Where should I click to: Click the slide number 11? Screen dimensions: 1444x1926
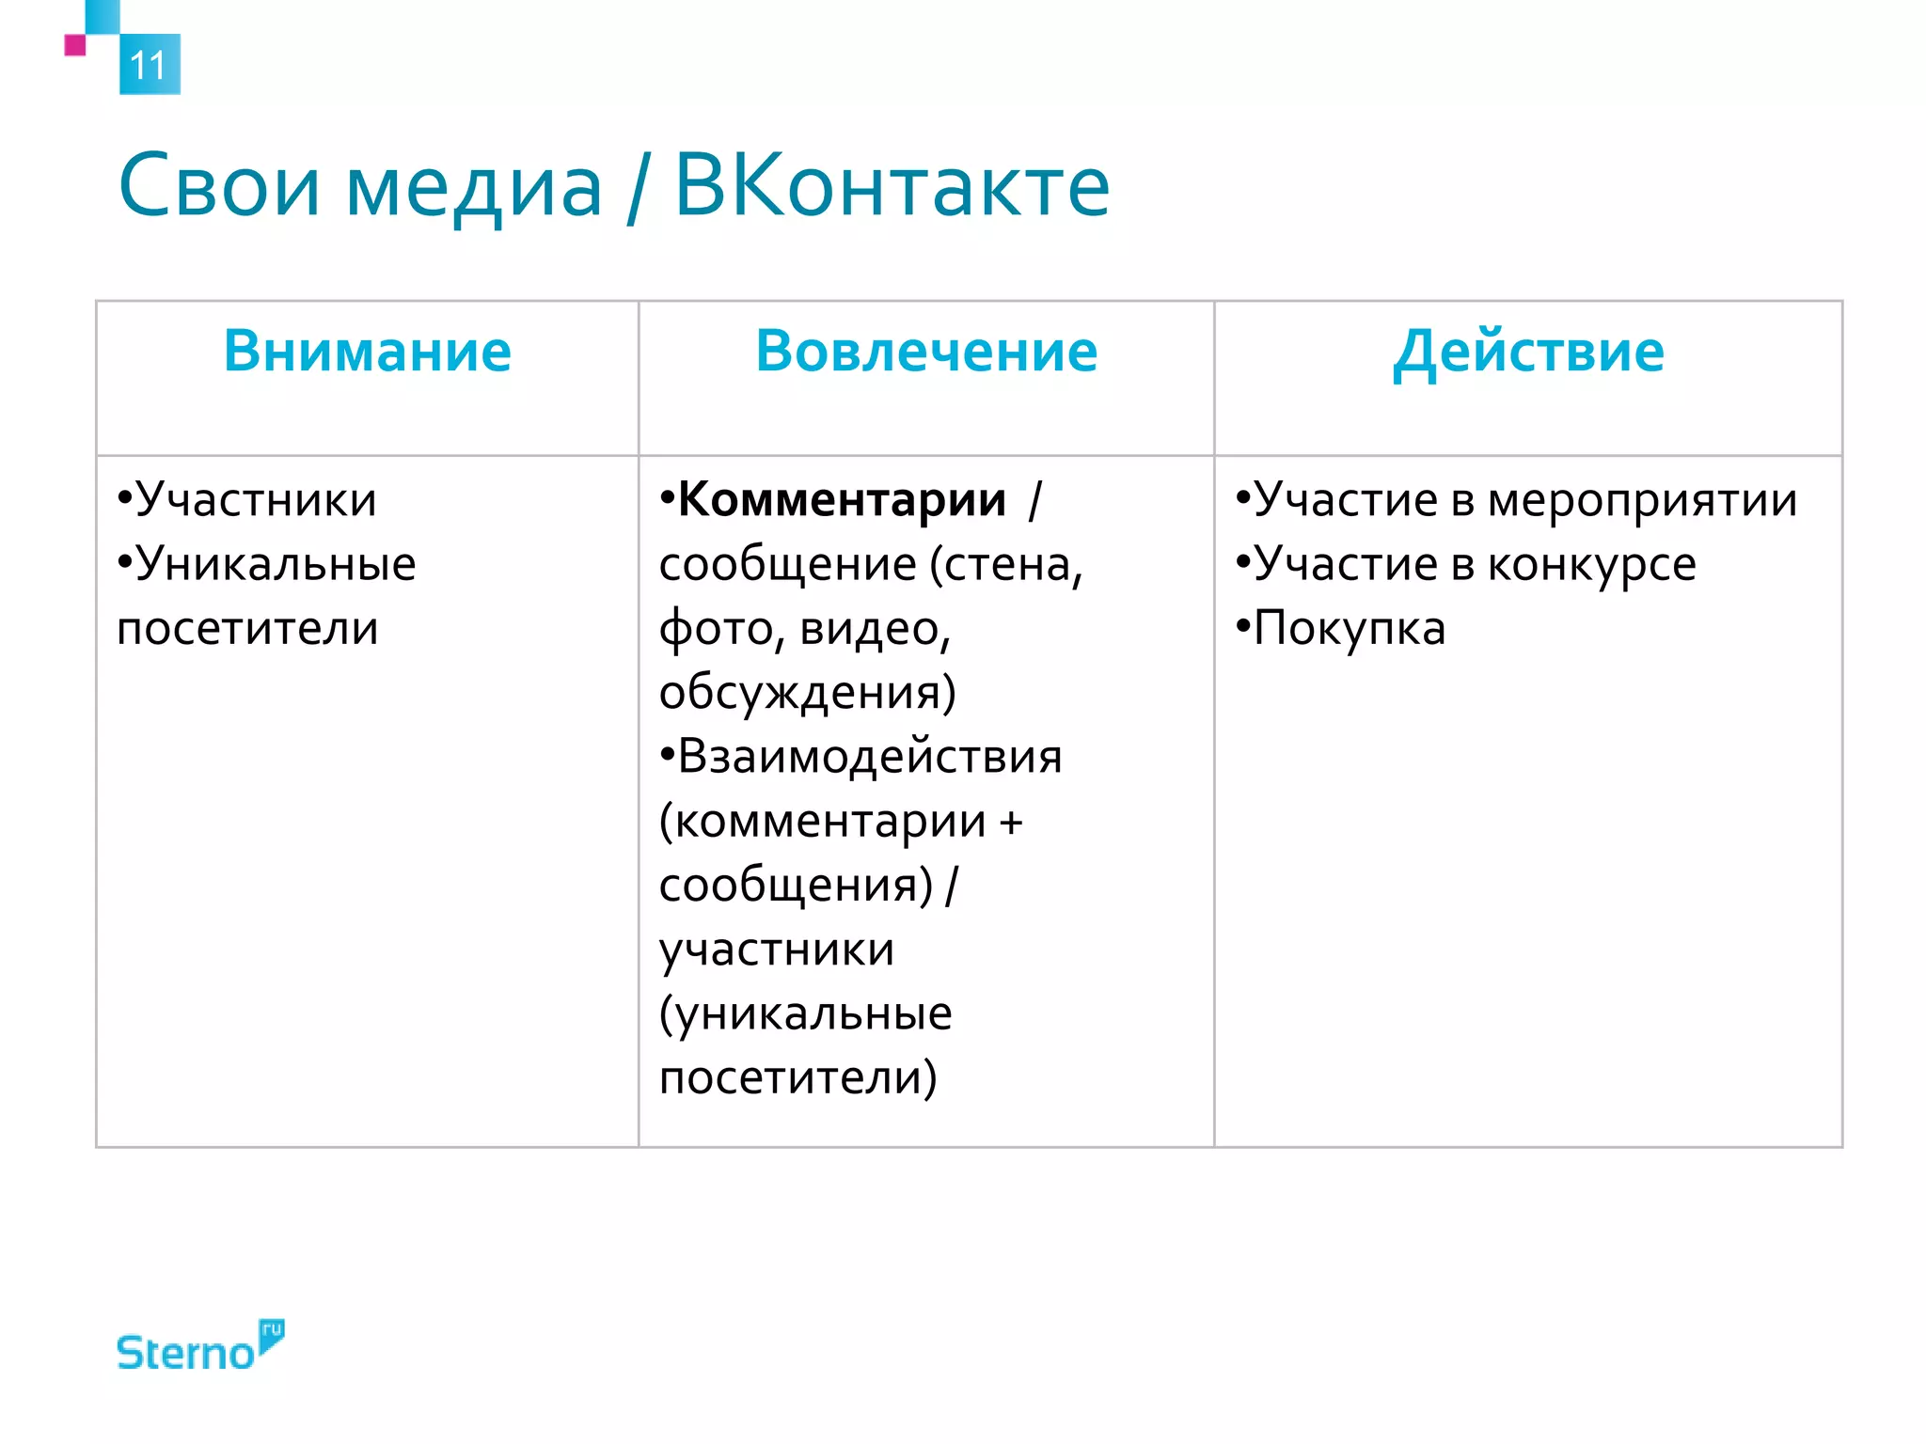[149, 65]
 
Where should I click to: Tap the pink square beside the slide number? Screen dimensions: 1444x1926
[75, 45]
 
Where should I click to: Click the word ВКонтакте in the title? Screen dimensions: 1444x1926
[892, 186]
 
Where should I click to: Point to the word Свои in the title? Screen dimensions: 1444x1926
[219, 186]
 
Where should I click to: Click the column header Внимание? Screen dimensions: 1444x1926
[367, 351]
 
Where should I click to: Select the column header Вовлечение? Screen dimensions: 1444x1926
[926, 351]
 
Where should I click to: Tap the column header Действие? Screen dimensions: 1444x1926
[1528, 353]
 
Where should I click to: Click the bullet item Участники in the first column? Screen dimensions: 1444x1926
[255, 499]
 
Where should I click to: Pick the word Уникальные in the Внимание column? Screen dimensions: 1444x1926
[275, 564]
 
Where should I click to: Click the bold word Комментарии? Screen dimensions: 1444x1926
[842, 499]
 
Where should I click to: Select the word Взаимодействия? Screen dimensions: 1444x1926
[869, 756]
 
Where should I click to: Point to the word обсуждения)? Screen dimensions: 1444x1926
[807, 692]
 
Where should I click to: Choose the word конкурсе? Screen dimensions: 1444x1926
[1591, 565]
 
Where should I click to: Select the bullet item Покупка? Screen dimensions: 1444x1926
[1349, 628]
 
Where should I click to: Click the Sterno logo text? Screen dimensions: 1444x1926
[185, 1353]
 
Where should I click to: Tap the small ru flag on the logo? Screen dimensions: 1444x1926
[271, 1333]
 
